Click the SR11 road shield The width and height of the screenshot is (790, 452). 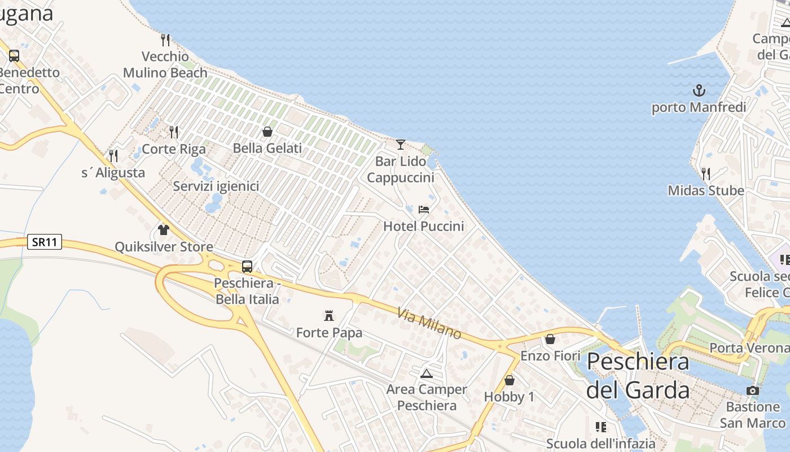[45, 242]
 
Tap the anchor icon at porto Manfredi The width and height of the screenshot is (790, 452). [699, 90]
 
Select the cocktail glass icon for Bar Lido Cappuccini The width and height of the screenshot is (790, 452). [401, 145]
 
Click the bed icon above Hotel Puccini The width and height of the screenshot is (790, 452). [424, 210]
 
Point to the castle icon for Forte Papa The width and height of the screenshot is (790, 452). [329, 315]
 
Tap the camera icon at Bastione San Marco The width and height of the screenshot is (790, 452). [752, 390]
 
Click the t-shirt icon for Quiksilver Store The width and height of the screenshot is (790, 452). [164, 229]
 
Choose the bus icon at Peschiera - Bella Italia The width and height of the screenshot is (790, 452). [247, 266]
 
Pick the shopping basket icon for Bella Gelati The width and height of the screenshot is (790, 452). [267, 132]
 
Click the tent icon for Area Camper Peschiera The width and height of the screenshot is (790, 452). [426, 373]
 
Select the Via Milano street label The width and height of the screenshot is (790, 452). [429, 323]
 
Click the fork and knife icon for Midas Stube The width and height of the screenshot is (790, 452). [705, 173]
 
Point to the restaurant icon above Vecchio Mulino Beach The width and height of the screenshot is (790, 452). [165, 40]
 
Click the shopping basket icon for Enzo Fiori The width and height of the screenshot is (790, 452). [550, 339]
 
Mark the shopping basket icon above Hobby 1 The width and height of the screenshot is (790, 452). [510, 380]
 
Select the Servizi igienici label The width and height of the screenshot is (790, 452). [216, 186]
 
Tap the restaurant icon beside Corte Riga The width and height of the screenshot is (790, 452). [174, 132]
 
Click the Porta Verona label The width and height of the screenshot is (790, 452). [749, 347]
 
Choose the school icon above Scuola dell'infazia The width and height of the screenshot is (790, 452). [601, 427]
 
